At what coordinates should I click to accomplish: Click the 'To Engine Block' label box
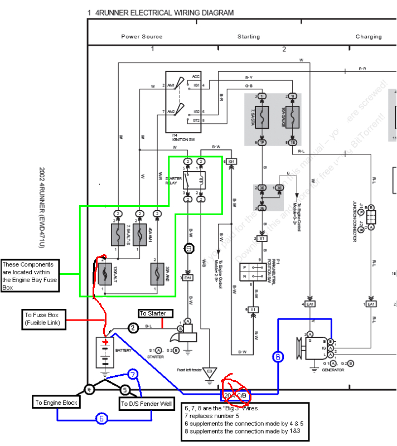click(x=56, y=403)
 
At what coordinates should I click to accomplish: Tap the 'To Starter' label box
click(x=152, y=313)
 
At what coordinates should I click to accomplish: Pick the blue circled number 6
click(x=100, y=419)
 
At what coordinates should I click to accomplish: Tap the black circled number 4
click(x=89, y=390)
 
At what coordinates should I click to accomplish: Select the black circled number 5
click(x=125, y=390)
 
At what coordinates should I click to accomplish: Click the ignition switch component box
click(x=183, y=101)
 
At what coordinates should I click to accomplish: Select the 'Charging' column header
click(x=369, y=37)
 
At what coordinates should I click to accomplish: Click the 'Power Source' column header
click(x=142, y=37)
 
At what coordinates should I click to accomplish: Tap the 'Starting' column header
click(x=249, y=37)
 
